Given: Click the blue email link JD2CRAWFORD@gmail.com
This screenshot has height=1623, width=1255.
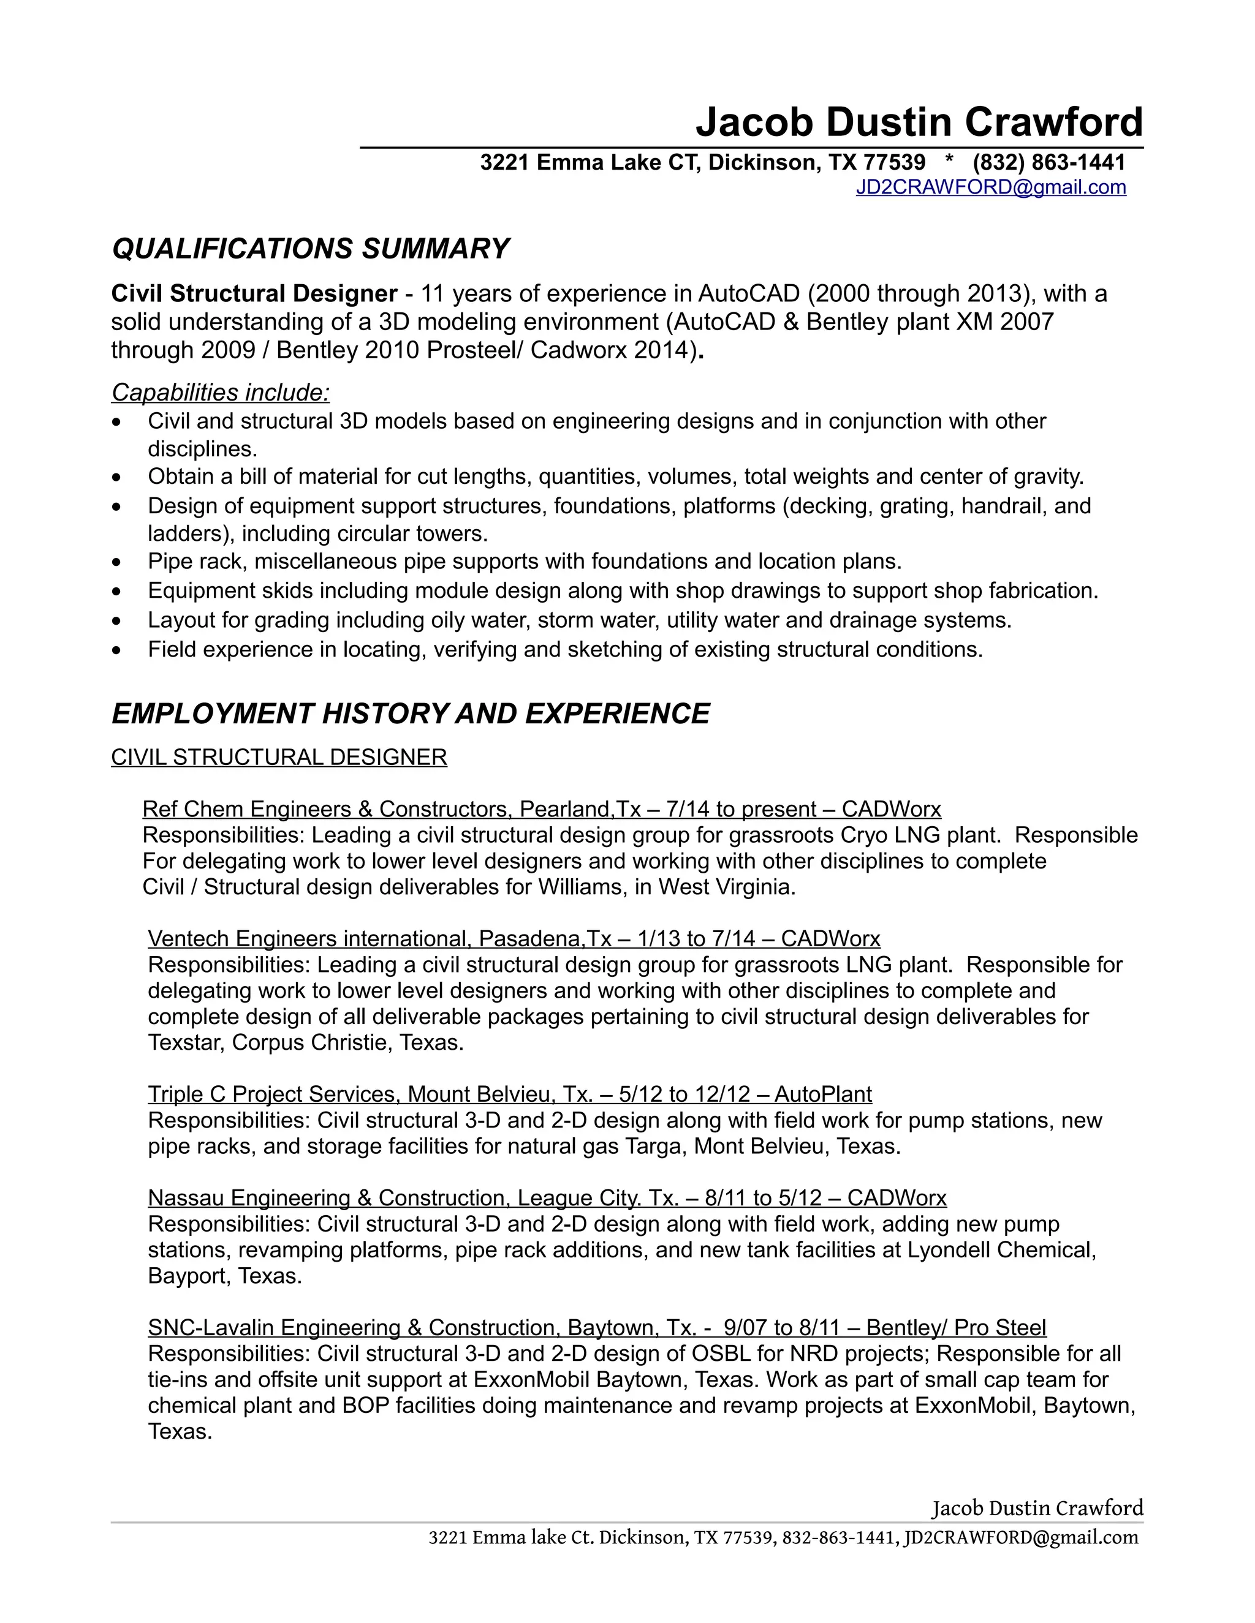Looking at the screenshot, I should coord(990,187).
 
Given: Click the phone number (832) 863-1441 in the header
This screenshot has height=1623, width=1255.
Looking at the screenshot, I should coord(1048,162).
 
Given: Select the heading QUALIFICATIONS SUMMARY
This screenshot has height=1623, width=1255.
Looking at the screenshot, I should coord(310,248).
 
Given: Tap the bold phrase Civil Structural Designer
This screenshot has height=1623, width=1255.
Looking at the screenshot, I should coord(254,293).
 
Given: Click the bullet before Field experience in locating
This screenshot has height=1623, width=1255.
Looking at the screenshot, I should coord(116,650).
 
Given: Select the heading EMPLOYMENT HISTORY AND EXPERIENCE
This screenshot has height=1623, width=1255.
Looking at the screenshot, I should coord(411,714).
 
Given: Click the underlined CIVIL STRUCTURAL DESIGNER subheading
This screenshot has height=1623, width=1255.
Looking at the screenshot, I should coord(279,757).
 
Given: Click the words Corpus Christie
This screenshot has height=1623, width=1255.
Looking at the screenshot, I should coord(311,1042).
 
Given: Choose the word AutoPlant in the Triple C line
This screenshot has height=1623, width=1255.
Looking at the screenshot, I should coord(822,1094).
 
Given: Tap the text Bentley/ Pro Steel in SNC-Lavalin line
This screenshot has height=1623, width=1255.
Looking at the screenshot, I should coord(955,1328).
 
